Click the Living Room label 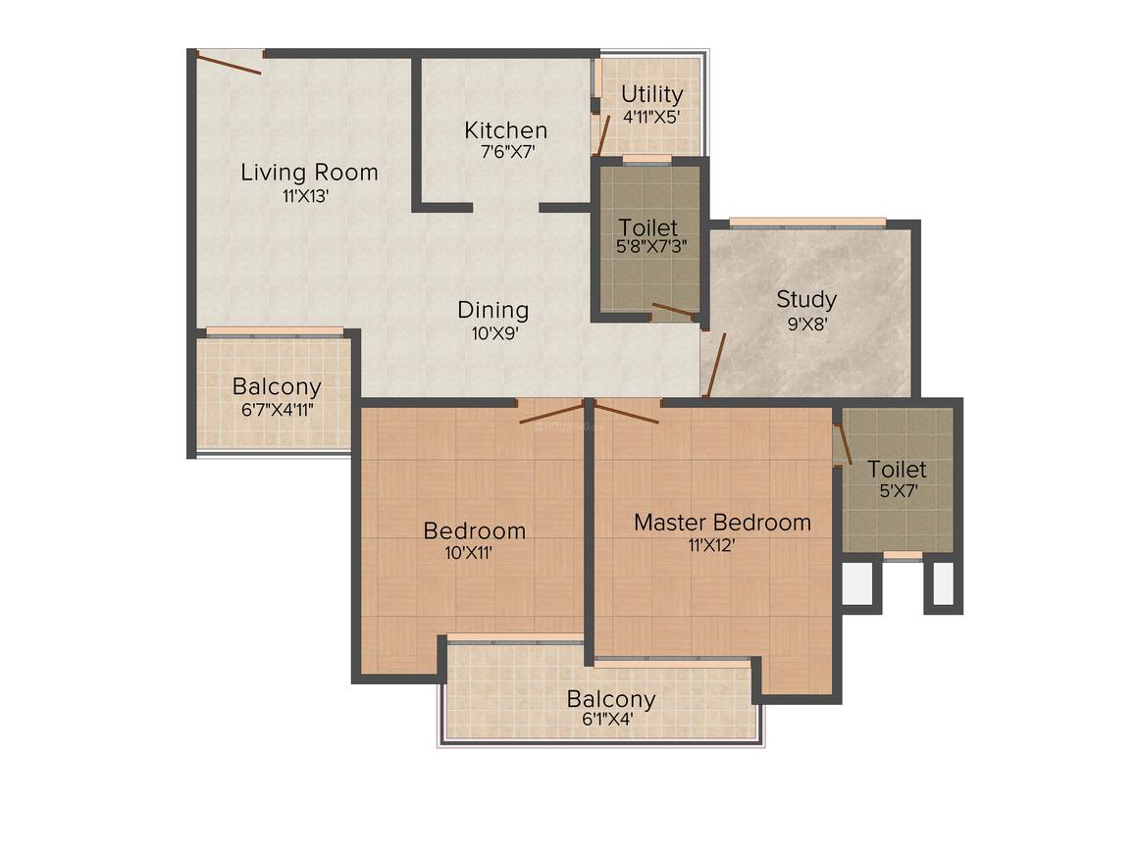click(x=309, y=173)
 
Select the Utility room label click(x=652, y=94)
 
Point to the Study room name click(x=806, y=299)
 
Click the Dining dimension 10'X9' click(x=493, y=332)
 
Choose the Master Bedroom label click(x=722, y=522)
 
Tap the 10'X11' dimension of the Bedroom click(x=468, y=552)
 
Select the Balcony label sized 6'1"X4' click(x=610, y=699)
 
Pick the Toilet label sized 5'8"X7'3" click(x=647, y=227)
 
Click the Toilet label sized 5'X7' click(x=897, y=470)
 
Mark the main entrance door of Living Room click(x=230, y=62)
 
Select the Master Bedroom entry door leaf click(x=626, y=413)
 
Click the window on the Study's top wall click(x=806, y=223)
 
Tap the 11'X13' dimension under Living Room click(x=305, y=195)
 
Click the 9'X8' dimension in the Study click(x=807, y=323)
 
